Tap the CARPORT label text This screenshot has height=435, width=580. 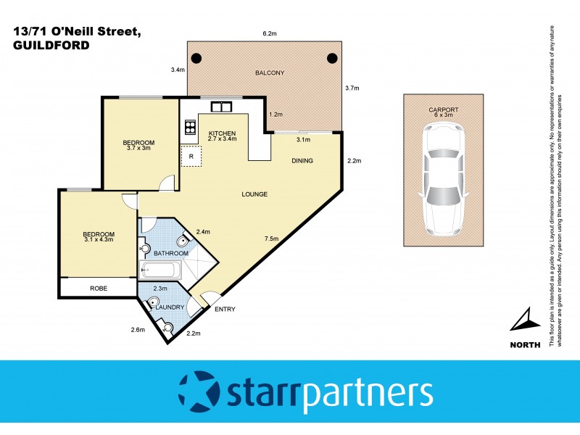(x=442, y=109)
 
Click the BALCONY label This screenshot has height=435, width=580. (x=269, y=72)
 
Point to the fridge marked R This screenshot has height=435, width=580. (x=191, y=156)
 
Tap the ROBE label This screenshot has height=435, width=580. (x=99, y=288)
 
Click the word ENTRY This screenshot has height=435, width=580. (x=225, y=310)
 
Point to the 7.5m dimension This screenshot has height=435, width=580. (x=273, y=239)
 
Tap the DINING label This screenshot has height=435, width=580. (x=302, y=161)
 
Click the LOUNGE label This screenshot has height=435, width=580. (x=255, y=194)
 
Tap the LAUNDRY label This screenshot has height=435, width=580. (x=169, y=307)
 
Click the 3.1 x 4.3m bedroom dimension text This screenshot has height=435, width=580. (x=99, y=239)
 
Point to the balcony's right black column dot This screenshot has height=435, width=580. (x=332, y=58)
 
